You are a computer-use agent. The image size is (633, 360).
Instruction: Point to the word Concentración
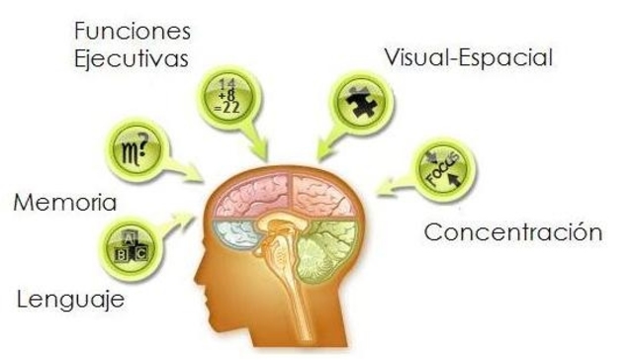(512, 233)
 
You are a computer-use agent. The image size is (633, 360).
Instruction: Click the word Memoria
(65, 204)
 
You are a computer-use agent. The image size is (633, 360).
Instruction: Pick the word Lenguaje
(70, 298)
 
